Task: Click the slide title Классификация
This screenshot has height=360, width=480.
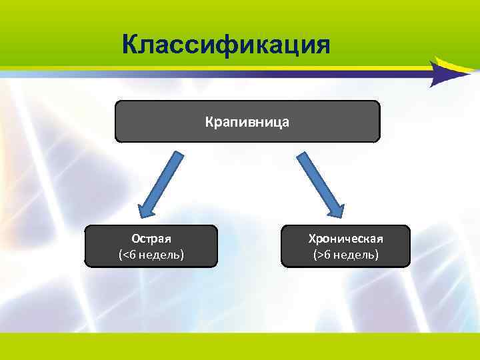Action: (x=227, y=45)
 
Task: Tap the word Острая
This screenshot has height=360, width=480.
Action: (x=151, y=239)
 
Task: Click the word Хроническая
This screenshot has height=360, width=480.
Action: (x=345, y=239)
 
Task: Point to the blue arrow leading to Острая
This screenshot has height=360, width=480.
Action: (x=159, y=183)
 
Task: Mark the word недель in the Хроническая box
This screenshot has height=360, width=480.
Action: (x=351, y=255)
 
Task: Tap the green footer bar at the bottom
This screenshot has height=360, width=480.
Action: (x=240, y=347)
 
